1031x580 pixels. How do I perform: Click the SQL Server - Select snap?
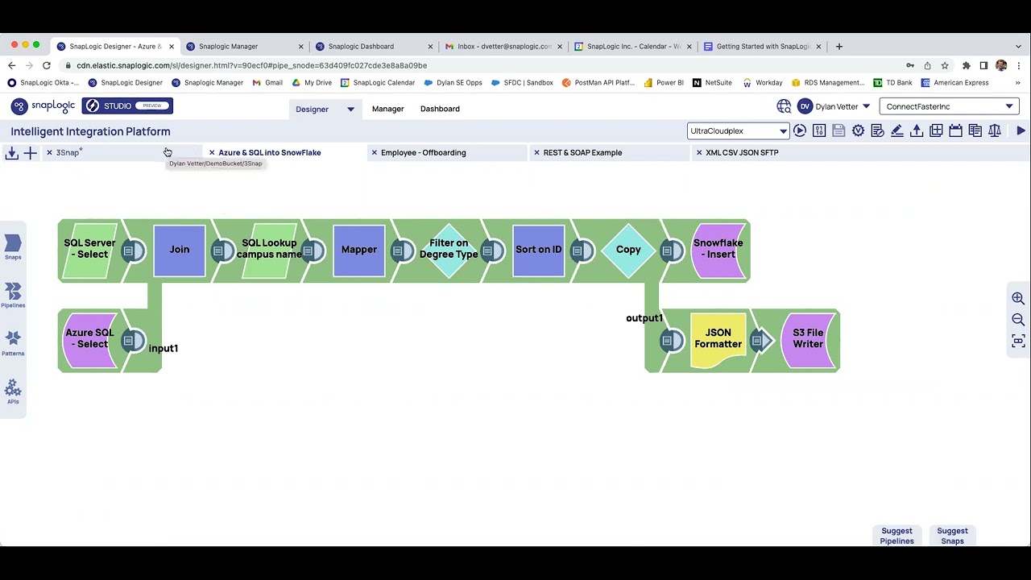89,250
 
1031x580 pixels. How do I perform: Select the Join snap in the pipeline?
180,250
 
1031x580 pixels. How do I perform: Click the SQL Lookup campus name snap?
269,250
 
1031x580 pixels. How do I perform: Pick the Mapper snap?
359,250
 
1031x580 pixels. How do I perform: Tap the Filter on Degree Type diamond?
449,250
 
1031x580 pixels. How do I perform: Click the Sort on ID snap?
538,250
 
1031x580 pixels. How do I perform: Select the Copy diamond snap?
628,250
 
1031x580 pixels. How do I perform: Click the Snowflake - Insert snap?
718,250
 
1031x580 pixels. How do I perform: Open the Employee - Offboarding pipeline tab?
423,152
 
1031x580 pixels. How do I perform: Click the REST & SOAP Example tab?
582,152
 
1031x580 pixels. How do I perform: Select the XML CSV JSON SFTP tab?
742,152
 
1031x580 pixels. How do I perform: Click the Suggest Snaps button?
952,536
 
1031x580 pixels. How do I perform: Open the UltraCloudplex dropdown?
738,131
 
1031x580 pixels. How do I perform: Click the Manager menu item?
387,109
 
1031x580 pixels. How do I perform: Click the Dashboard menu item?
440,109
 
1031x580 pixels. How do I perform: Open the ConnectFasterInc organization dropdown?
949,106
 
